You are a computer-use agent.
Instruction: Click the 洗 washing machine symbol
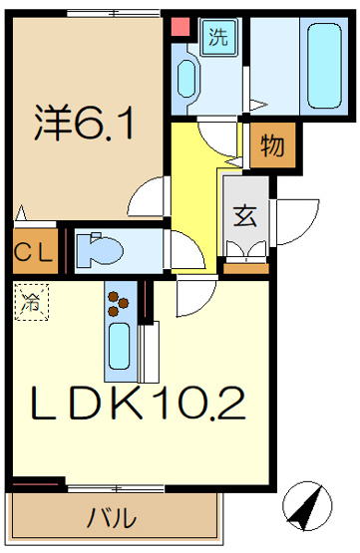215,39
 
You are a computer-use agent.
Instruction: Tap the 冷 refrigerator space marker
31,303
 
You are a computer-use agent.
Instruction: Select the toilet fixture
98,249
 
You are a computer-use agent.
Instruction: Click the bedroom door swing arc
150,194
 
